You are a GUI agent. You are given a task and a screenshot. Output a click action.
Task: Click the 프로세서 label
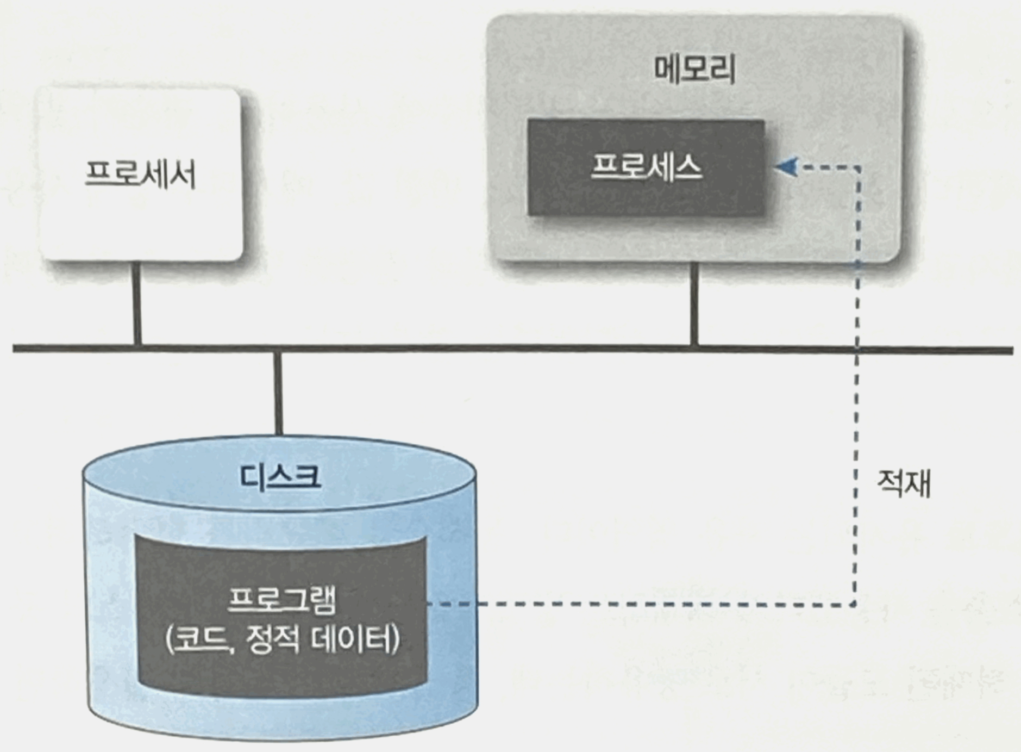coord(140,176)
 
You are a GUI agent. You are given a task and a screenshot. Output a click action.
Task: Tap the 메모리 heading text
coord(694,71)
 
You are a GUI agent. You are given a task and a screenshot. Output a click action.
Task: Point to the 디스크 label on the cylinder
coord(280,476)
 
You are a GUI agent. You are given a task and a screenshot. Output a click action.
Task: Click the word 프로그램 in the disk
coord(281,601)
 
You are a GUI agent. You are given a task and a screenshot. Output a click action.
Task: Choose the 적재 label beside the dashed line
coord(904,483)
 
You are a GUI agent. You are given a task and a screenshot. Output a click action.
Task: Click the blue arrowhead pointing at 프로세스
coord(786,167)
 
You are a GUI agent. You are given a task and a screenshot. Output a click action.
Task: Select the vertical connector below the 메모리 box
coord(694,304)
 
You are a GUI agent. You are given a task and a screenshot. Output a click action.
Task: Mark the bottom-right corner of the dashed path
coord(855,604)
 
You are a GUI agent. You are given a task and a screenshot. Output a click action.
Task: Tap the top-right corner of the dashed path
coord(857,168)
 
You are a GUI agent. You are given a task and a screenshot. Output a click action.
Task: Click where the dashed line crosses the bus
coord(857,349)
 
